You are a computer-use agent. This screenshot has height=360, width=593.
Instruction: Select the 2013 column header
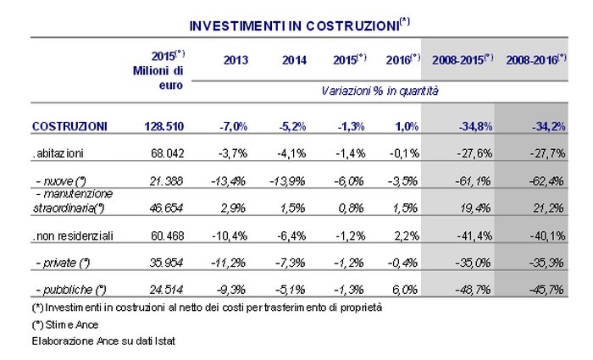point(237,60)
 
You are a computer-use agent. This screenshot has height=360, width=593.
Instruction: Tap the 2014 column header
point(293,60)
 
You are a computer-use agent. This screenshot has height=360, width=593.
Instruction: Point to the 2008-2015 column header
point(462,60)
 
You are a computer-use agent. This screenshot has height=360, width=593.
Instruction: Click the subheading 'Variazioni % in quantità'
point(379,89)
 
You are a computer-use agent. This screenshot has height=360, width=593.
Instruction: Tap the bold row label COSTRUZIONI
point(69,126)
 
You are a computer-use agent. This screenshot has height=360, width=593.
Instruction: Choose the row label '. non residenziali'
point(69,233)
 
